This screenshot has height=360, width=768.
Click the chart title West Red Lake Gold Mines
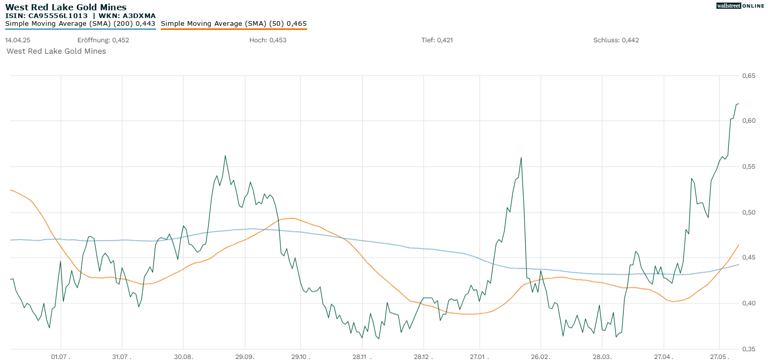click(x=65, y=7)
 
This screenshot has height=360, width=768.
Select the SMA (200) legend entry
click(x=80, y=24)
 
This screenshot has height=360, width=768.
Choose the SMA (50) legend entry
click(x=233, y=24)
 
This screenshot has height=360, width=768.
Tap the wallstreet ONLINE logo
click(x=740, y=6)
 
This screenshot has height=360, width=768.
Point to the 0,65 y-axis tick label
click(x=748, y=76)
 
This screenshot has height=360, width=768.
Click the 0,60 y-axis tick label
click(x=748, y=121)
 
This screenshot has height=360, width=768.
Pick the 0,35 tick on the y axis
click(x=748, y=349)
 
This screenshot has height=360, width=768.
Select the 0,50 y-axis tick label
click(x=748, y=212)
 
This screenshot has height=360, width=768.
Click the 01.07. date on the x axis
click(x=61, y=356)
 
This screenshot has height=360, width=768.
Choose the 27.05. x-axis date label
click(x=720, y=356)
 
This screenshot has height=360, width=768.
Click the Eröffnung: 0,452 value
click(x=103, y=40)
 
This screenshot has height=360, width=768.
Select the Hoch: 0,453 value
click(x=268, y=40)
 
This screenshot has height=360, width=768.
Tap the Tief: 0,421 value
click(x=437, y=40)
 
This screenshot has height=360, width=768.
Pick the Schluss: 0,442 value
click(x=616, y=40)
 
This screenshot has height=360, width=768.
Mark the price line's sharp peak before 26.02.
click(x=521, y=158)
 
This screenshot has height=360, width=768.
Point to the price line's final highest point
click(x=738, y=104)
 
